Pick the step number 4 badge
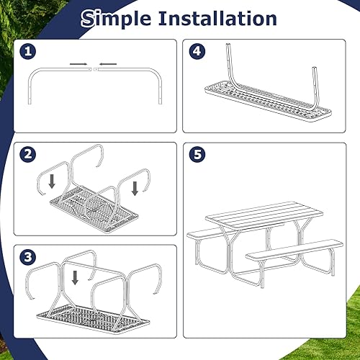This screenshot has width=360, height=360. pyautogui.click(x=199, y=52)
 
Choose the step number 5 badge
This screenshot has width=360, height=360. pyautogui.click(x=199, y=155)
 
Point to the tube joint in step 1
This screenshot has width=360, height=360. pyautogui.click(x=94, y=69)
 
